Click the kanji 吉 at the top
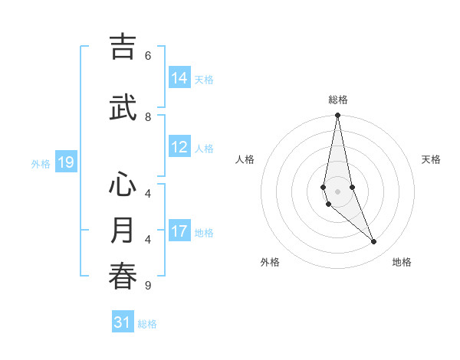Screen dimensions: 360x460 coord(123,47)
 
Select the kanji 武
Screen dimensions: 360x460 coord(123,108)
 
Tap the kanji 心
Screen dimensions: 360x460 coord(123,185)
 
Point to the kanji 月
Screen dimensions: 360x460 coord(123,231)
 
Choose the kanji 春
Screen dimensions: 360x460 coord(123,277)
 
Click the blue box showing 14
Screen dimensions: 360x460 coord(179,77)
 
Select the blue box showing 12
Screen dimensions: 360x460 coord(179,147)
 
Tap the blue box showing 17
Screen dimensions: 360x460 coord(179,231)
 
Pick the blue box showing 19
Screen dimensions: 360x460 coord(66,162)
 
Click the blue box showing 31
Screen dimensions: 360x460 coord(123,322)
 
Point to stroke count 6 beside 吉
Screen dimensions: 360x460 coord(148,55)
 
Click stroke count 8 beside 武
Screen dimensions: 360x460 coord(148,116)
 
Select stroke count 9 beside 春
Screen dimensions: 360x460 coord(148,286)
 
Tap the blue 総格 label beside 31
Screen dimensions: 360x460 coord(147,324)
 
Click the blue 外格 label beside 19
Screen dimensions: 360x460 coord(41,163)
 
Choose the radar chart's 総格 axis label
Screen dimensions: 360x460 coord(337,100)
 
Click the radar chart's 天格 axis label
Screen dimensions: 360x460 coord(432,159)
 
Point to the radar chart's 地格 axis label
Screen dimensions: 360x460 coord(402,262)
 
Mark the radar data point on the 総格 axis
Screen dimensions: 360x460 coord(337,116)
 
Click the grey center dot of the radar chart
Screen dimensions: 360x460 coord(337,191)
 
